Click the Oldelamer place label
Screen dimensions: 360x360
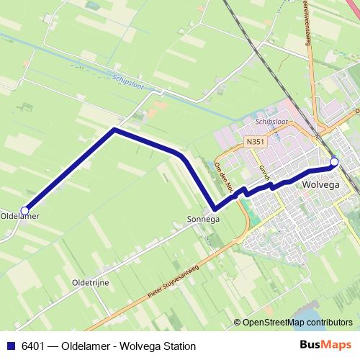pos(20,216)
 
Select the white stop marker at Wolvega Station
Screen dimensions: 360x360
pos(334,162)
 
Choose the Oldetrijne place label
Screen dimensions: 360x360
pos(91,283)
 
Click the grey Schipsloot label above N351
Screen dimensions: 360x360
pos(271,122)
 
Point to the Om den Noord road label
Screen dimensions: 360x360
pos(225,176)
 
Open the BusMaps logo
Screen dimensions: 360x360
pos(325,346)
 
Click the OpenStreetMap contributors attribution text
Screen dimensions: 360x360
pos(297,323)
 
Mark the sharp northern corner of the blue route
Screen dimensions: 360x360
pos(114,130)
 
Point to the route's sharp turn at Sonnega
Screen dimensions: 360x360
pos(215,209)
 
